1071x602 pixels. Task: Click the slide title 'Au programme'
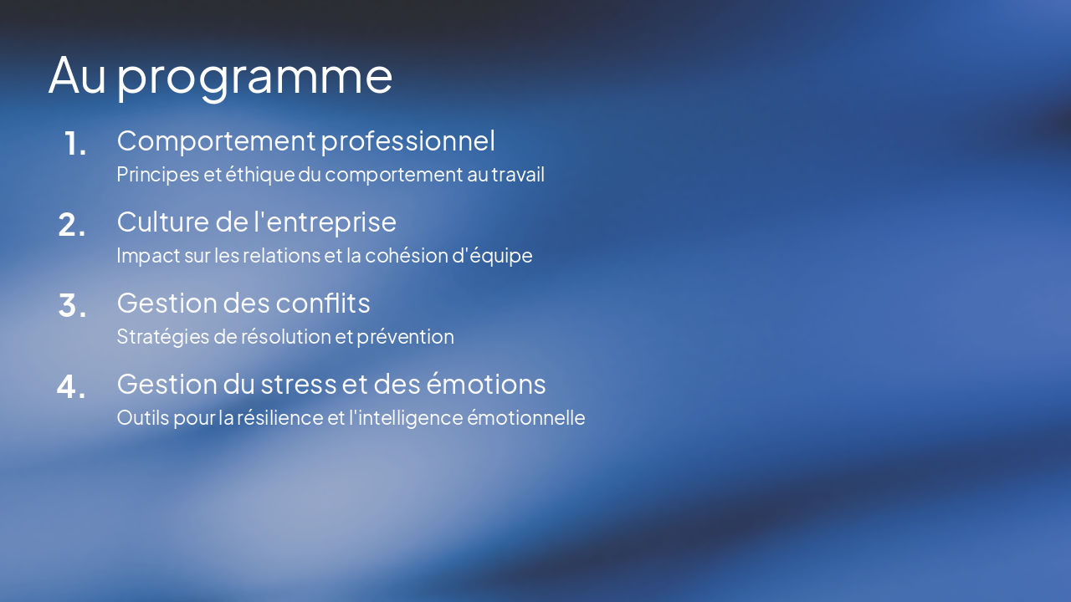click(220, 75)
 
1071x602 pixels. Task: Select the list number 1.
click(75, 144)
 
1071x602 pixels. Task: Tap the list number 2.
click(72, 225)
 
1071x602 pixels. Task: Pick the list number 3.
click(72, 306)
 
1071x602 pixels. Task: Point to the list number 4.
click(72, 387)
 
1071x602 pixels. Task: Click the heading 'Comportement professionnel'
click(305, 140)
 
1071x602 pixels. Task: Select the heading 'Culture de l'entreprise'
click(256, 222)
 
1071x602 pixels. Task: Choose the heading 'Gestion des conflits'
click(243, 303)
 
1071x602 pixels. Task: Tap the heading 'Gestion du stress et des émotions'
click(331, 384)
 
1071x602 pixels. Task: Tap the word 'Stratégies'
click(157, 337)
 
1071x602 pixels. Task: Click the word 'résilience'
click(279, 418)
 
